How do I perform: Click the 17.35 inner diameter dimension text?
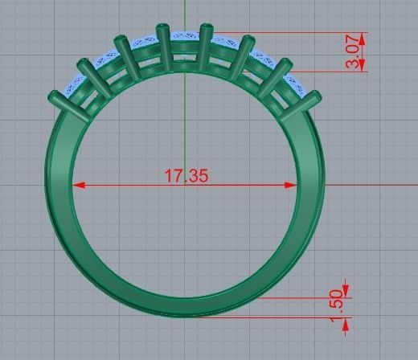point(186,175)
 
